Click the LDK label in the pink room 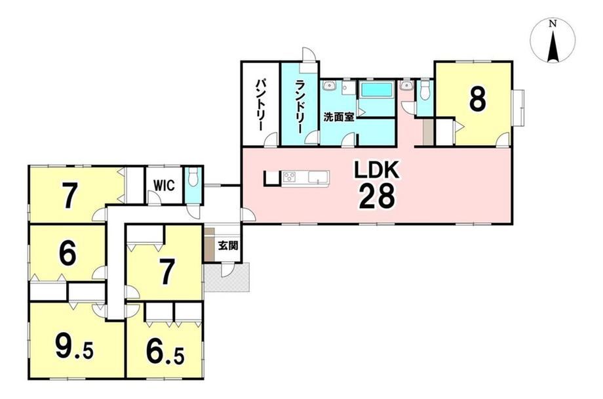click(377, 170)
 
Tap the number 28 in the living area click(377, 196)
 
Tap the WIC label click(165, 185)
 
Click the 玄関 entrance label click(228, 245)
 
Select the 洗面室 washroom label click(339, 117)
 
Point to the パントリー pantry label click(260, 104)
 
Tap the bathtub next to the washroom click(376, 91)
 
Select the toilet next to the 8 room click(425, 90)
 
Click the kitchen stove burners click(288, 177)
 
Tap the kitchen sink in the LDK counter click(319, 178)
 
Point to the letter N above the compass click(553, 24)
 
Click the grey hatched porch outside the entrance click(227, 278)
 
